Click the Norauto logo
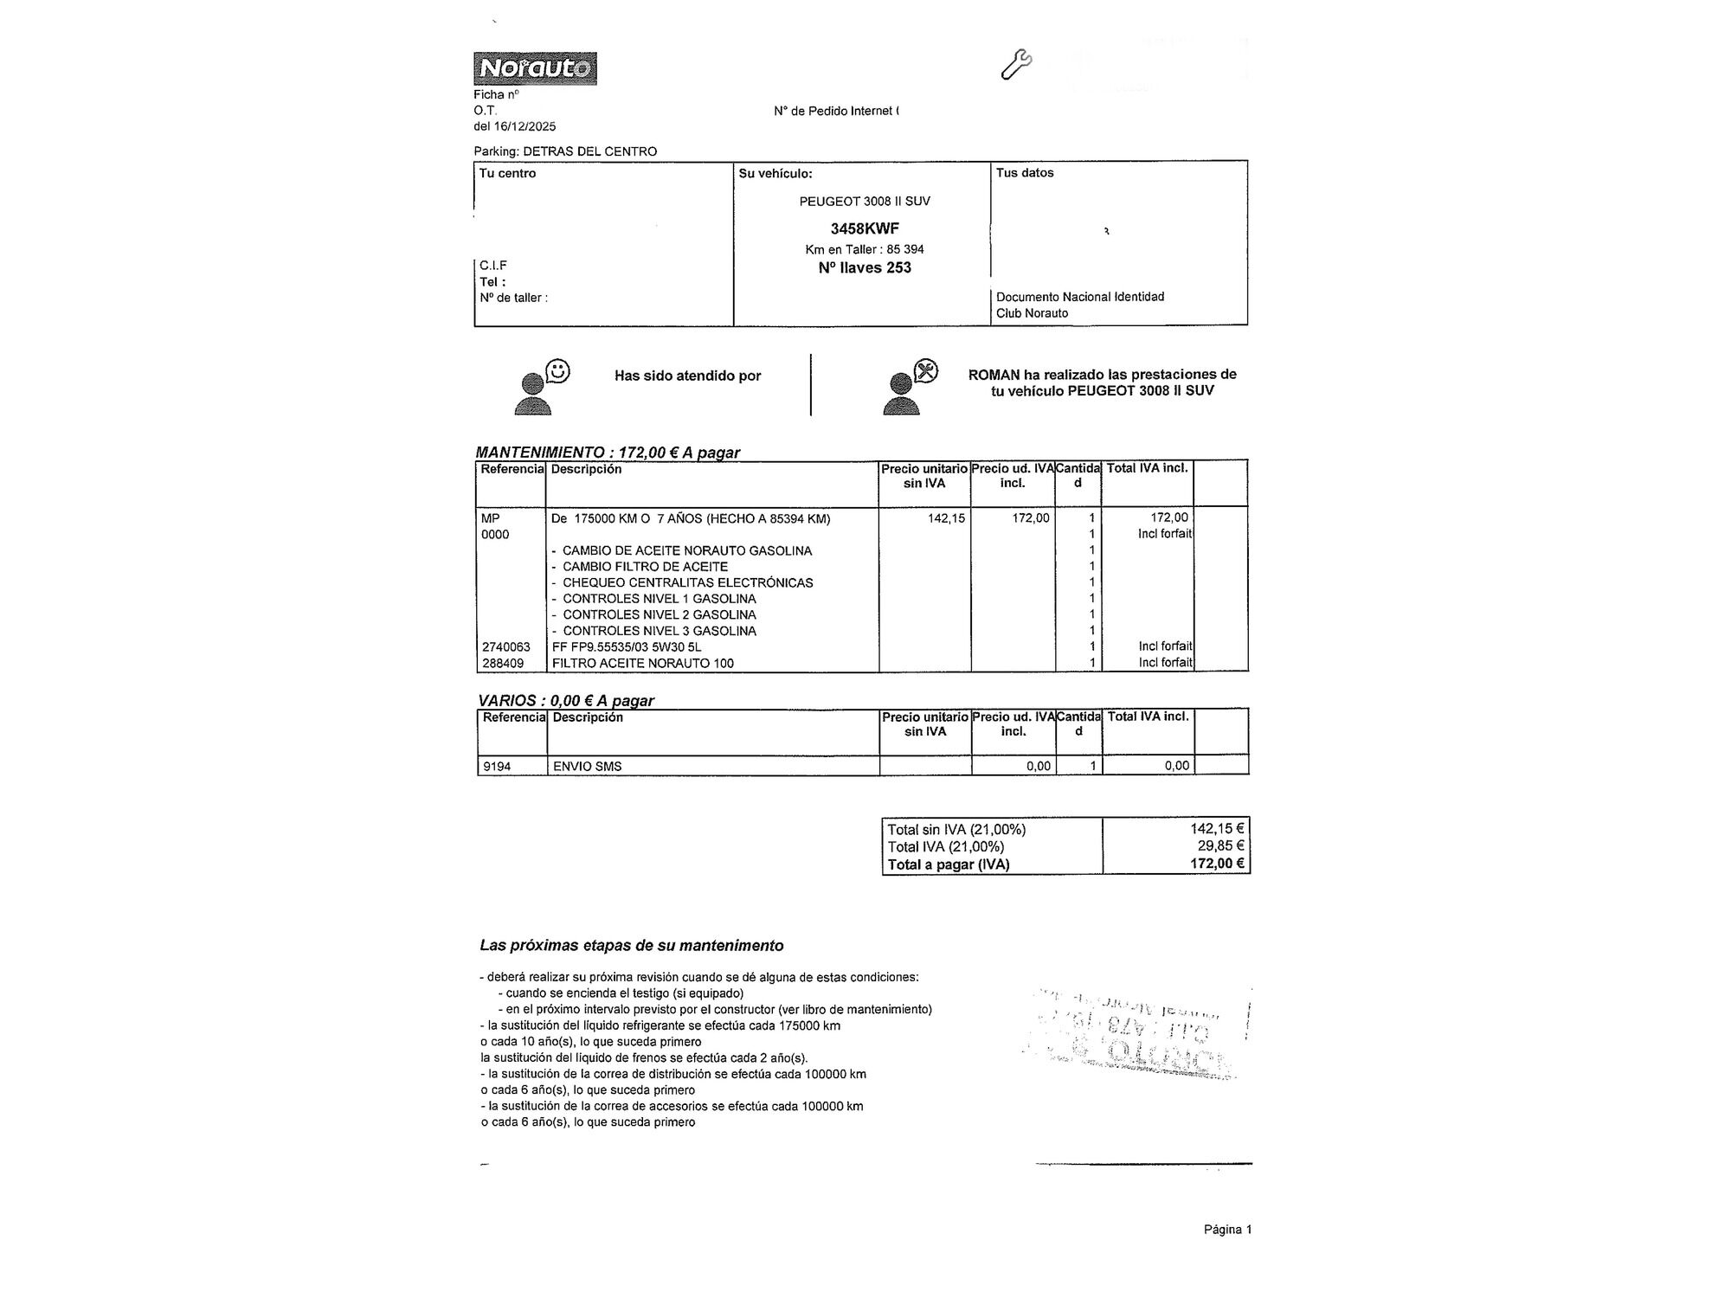coord(535,68)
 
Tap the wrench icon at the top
coord(1015,65)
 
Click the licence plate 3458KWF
coord(864,228)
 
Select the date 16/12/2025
coord(527,126)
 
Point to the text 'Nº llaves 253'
coord(864,268)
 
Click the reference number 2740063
coord(506,647)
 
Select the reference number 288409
coord(503,664)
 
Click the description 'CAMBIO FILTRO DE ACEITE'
coord(645,567)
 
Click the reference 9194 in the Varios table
coord(497,767)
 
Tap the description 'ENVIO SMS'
coord(587,767)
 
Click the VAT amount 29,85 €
coord(1220,846)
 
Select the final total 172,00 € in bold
coord(1217,864)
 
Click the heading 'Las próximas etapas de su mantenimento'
coord(632,946)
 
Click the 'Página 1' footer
coord(1227,1230)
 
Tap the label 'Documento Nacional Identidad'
coord(1080,297)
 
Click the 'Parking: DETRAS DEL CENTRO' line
coord(565,151)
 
